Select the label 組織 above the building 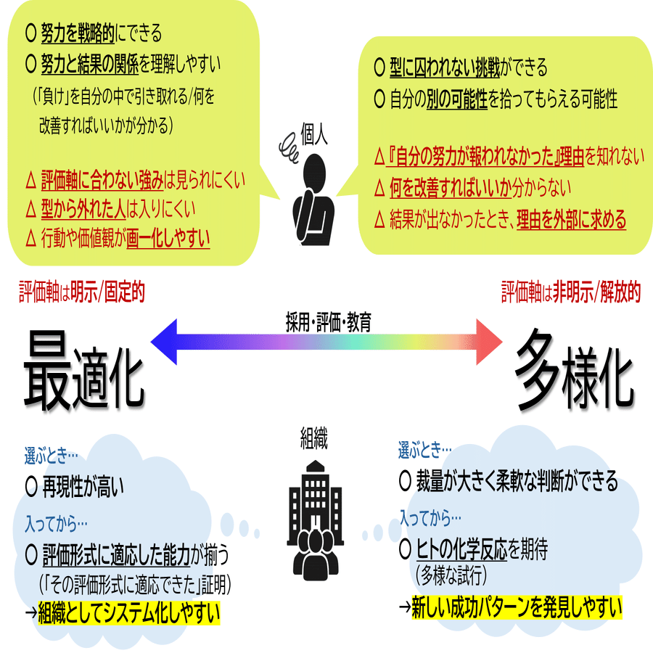[313, 438]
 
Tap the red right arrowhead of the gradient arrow [491, 340]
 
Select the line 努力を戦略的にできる [94, 33]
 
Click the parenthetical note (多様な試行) [451, 576]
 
